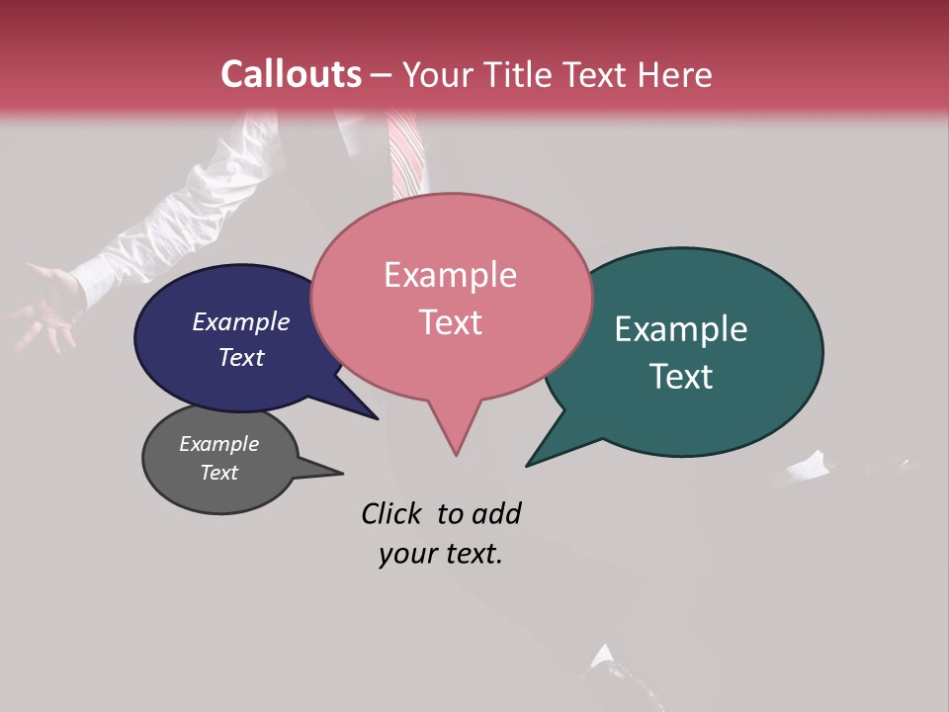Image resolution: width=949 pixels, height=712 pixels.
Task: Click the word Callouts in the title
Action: (292, 74)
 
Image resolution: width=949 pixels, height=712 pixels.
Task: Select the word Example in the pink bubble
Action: (450, 275)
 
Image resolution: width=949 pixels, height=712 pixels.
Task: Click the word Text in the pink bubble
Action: (450, 322)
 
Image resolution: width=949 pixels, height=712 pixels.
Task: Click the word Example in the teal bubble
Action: (681, 329)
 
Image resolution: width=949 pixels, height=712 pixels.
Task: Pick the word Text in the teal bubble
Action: (681, 377)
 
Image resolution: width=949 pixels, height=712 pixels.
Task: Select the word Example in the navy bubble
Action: (240, 321)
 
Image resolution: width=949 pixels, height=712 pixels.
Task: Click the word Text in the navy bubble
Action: (240, 357)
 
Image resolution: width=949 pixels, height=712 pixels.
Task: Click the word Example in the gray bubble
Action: (218, 444)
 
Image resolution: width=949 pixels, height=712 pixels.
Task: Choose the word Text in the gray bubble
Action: (218, 473)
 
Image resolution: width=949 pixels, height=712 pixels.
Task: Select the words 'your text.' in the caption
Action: (440, 555)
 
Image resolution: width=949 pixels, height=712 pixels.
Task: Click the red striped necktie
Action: (405, 153)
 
